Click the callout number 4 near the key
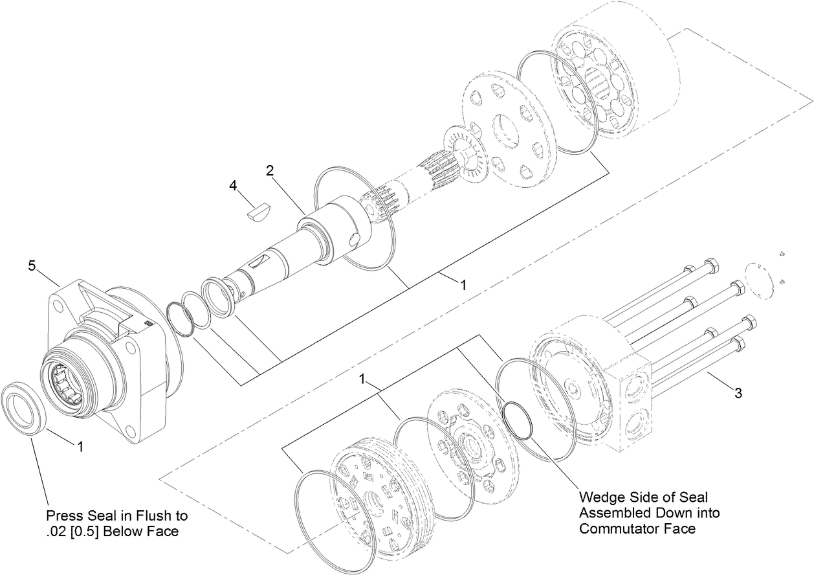click(233, 186)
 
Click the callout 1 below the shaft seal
click(80, 445)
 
